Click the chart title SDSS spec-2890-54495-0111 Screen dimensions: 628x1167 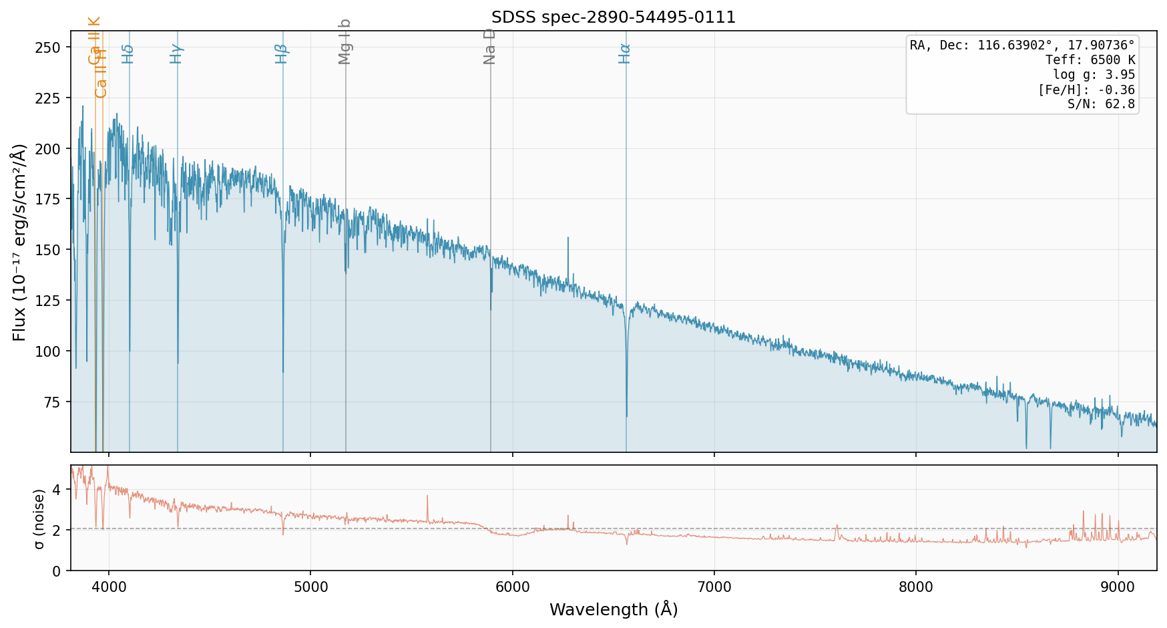pos(613,17)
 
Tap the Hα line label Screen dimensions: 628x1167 pos(625,53)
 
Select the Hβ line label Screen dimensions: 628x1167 pos(282,53)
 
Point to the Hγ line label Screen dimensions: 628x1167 pos(176,53)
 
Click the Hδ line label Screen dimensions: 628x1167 pos(128,53)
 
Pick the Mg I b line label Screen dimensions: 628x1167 pos(344,41)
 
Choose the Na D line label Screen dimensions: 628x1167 pos(489,46)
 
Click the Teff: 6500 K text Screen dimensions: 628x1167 pos(1090,60)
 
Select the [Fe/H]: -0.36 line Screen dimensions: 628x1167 pos(1086,90)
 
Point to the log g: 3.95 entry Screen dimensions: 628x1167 pos(1094,75)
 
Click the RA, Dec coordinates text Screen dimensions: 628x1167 pos(1022,45)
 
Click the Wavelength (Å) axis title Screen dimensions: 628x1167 pos(613,610)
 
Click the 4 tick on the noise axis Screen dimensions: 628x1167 pos(57,490)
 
